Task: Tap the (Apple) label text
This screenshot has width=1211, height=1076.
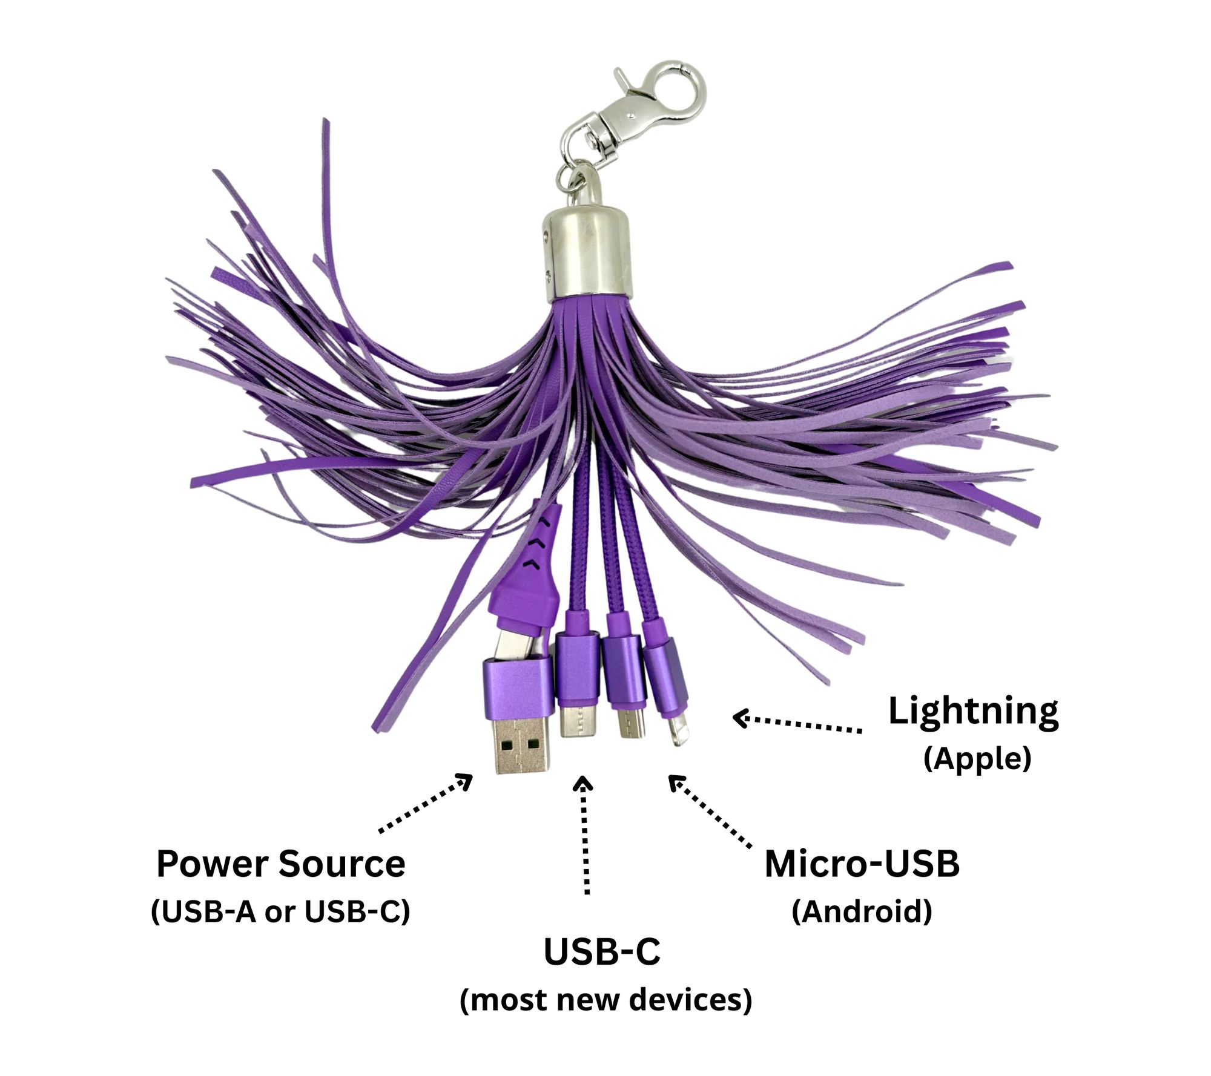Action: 977,758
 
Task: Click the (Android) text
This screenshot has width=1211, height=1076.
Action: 862,911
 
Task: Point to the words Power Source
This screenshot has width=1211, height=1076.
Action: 280,864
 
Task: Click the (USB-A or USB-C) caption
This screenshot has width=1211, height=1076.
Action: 280,911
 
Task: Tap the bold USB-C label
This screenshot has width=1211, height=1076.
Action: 602,952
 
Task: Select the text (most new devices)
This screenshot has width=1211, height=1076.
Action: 605,1000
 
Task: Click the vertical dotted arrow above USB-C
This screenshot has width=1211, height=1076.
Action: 584,835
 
